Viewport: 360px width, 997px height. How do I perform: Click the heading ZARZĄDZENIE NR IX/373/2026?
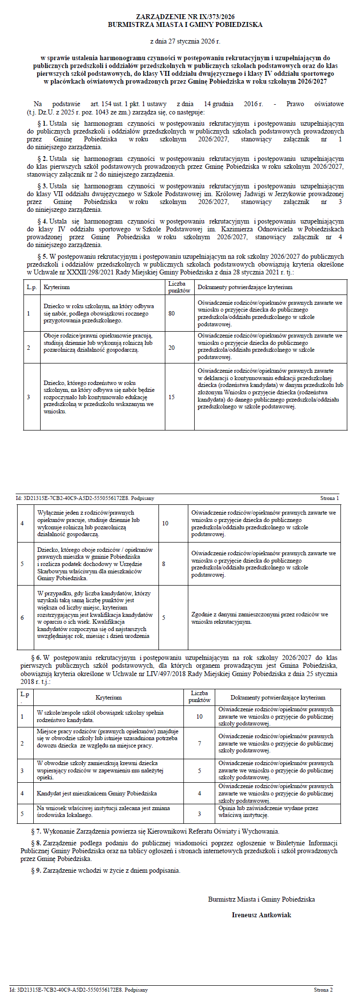(x=185, y=17)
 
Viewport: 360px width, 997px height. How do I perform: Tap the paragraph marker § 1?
(x=43, y=124)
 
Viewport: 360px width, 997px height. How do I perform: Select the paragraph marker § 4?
(x=43, y=221)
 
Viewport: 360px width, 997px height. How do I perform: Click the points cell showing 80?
(x=172, y=314)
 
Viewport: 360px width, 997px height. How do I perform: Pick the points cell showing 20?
(x=172, y=347)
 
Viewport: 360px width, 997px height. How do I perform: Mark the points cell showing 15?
(x=172, y=397)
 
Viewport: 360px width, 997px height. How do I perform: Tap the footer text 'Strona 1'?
(x=330, y=498)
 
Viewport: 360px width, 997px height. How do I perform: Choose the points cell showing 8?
(x=163, y=564)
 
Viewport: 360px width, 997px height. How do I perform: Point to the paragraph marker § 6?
(x=36, y=657)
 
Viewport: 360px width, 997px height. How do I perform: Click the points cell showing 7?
(x=200, y=743)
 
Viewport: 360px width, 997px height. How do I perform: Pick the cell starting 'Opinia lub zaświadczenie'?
(x=268, y=812)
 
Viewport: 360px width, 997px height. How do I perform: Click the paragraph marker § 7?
(x=36, y=831)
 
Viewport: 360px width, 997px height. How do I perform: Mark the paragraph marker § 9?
(x=36, y=870)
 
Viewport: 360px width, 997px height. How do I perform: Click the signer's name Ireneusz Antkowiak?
(x=261, y=915)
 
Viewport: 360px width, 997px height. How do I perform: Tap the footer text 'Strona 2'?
(x=323, y=990)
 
